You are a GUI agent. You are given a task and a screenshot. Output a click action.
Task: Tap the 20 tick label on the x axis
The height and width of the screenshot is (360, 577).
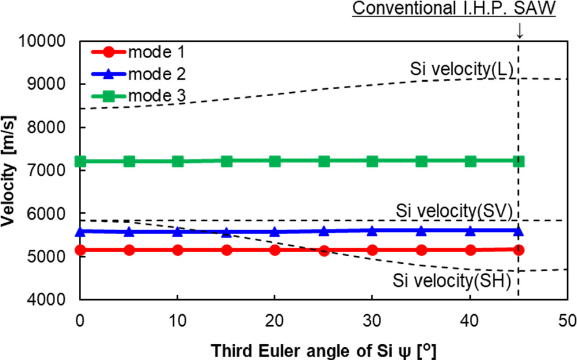275,319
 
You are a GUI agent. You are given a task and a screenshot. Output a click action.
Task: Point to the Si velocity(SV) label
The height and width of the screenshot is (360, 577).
454,209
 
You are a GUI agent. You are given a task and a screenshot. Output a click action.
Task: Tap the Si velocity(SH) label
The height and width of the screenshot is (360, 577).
451,281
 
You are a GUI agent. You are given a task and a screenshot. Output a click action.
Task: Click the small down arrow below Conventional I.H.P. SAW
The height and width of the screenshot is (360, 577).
519,33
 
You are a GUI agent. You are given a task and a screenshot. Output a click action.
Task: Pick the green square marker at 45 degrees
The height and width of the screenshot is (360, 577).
519,161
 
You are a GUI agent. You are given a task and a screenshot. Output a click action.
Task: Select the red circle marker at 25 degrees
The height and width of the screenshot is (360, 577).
324,250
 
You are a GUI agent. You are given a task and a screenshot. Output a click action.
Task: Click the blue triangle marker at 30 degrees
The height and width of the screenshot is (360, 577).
373,231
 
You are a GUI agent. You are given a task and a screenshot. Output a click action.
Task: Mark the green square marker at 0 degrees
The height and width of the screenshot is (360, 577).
81,161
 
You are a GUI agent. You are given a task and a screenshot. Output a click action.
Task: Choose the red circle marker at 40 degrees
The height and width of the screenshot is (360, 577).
470,250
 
